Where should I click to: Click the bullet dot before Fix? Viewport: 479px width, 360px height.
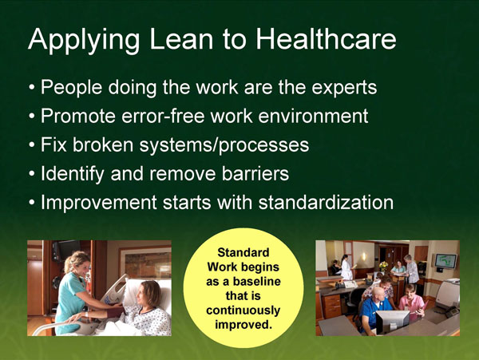pyautogui.click(x=31, y=146)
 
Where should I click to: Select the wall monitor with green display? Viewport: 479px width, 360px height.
pyautogui.click(x=445, y=260)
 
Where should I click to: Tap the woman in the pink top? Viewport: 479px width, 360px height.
pyautogui.click(x=410, y=302)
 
